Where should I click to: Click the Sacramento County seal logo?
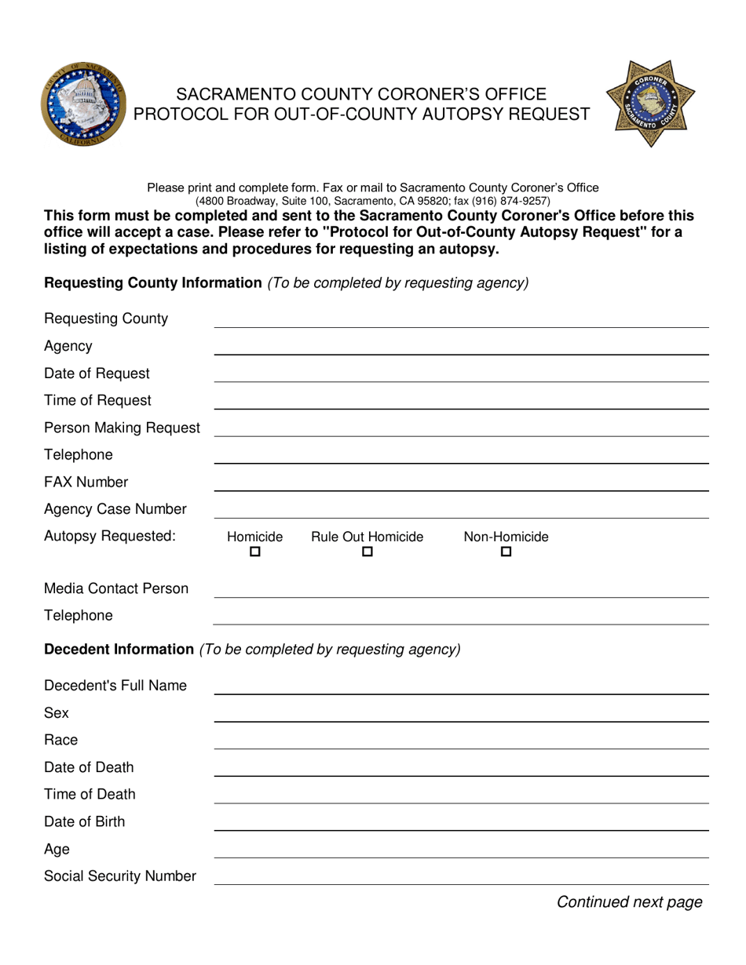[x=81, y=104]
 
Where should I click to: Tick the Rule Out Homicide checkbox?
[x=368, y=552]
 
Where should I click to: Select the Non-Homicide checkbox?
[x=506, y=552]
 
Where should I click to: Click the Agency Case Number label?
[x=115, y=510]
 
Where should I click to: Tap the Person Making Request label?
[x=122, y=428]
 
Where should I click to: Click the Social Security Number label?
[x=120, y=876]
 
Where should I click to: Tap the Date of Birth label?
[x=85, y=821]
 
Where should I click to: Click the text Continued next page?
[x=629, y=902]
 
